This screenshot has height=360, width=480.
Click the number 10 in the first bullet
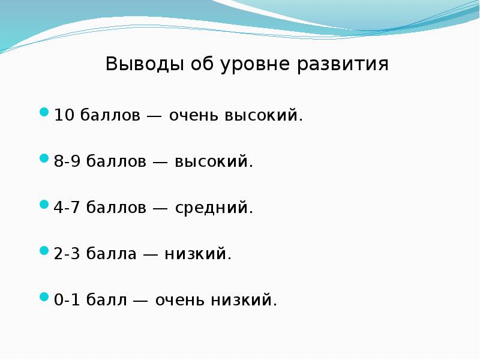pyautogui.click(x=63, y=115)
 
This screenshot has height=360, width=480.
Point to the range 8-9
pyautogui.click(x=68, y=161)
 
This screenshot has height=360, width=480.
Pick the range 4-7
pyautogui.click(x=68, y=208)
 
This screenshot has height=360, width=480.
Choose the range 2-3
pyautogui.click(x=68, y=254)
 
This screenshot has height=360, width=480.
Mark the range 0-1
pyautogui.click(x=68, y=300)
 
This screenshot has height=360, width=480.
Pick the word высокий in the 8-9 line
pyautogui.click(x=214, y=161)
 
